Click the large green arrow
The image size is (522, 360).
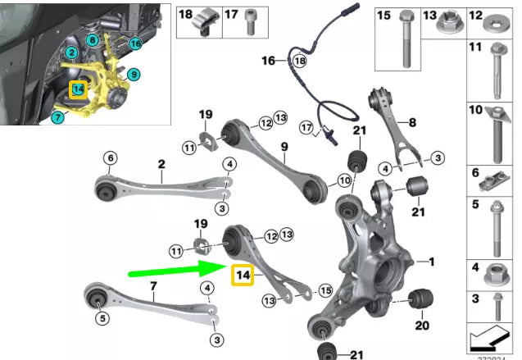[176, 268]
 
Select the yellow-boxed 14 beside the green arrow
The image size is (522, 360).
[243, 276]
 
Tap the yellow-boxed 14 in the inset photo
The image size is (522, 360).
[78, 89]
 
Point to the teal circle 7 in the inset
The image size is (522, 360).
[57, 117]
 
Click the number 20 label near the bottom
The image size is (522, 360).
[422, 325]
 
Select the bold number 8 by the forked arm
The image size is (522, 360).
[412, 122]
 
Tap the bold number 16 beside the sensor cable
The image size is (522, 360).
[269, 61]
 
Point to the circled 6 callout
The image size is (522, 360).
[110, 158]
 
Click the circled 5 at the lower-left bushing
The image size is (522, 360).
[102, 317]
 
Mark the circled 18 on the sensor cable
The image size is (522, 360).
[299, 62]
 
